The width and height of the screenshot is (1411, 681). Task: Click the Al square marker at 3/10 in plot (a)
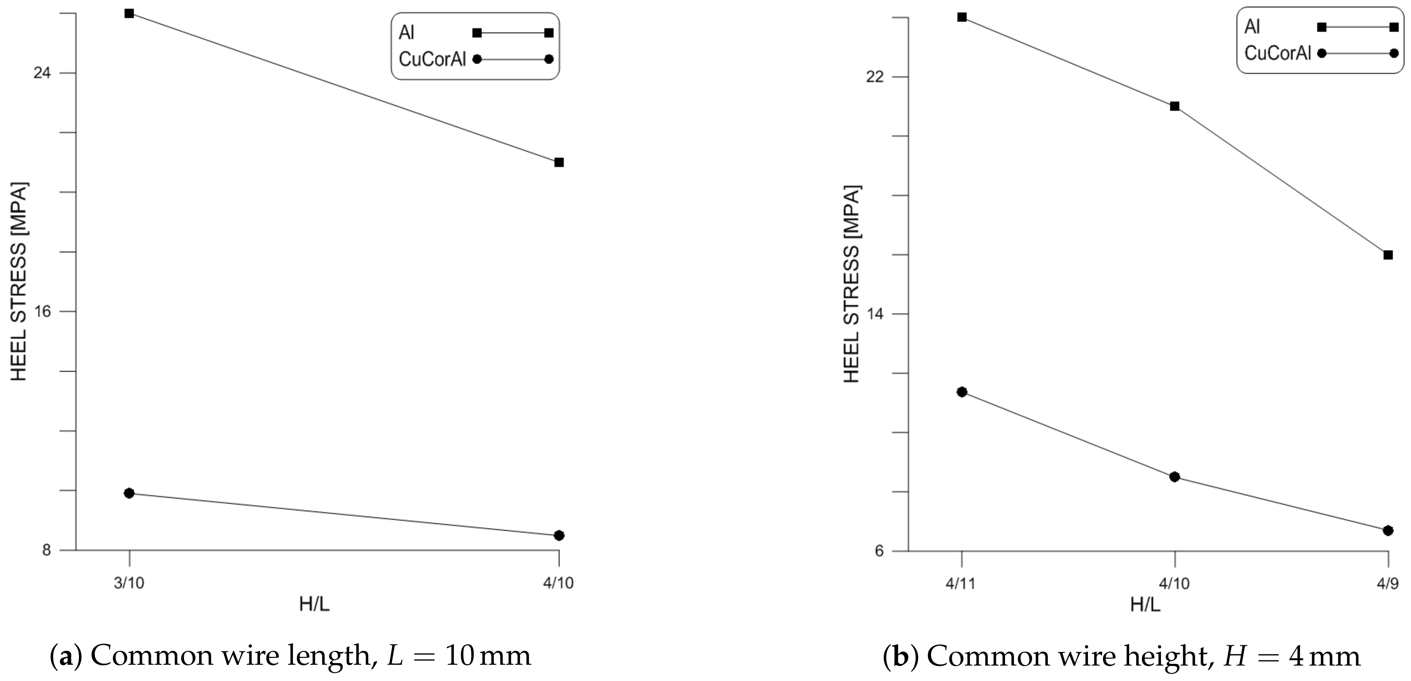click(129, 13)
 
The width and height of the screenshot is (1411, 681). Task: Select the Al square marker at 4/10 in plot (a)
click(559, 162)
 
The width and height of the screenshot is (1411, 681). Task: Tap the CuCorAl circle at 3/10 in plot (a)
click(129, 493)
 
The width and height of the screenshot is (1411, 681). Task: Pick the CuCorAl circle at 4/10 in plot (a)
click(559, 535)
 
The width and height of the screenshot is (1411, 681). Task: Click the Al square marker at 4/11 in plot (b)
click(962, 17)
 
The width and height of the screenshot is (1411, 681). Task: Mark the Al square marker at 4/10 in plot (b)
click(1174, 106)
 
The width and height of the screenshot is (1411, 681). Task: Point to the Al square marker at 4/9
click(1388, 255)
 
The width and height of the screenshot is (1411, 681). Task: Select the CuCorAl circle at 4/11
click(962, 392)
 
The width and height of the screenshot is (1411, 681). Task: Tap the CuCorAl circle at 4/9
click(1388, 530)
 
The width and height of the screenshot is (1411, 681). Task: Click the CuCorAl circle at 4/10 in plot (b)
click(1174, 477)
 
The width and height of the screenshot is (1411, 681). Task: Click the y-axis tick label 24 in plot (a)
click(42, 73)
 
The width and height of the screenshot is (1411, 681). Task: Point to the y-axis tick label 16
click(42, 311)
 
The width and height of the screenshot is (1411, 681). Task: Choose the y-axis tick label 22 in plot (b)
click(875, 76)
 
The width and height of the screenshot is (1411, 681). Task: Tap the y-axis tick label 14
click(875, 314)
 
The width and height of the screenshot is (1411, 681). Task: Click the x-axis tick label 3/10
click(129, 583)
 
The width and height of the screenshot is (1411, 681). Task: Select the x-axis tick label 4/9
click(1388, 583)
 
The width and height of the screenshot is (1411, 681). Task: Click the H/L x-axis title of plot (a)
click(314, 604)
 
